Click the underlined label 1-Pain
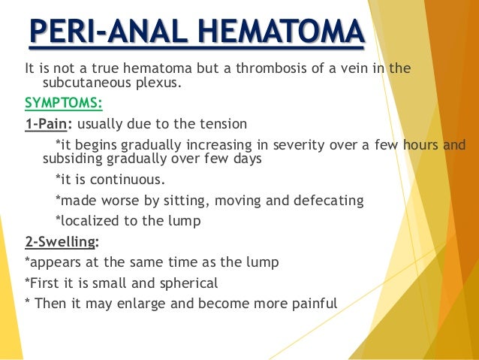pos(48,124)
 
